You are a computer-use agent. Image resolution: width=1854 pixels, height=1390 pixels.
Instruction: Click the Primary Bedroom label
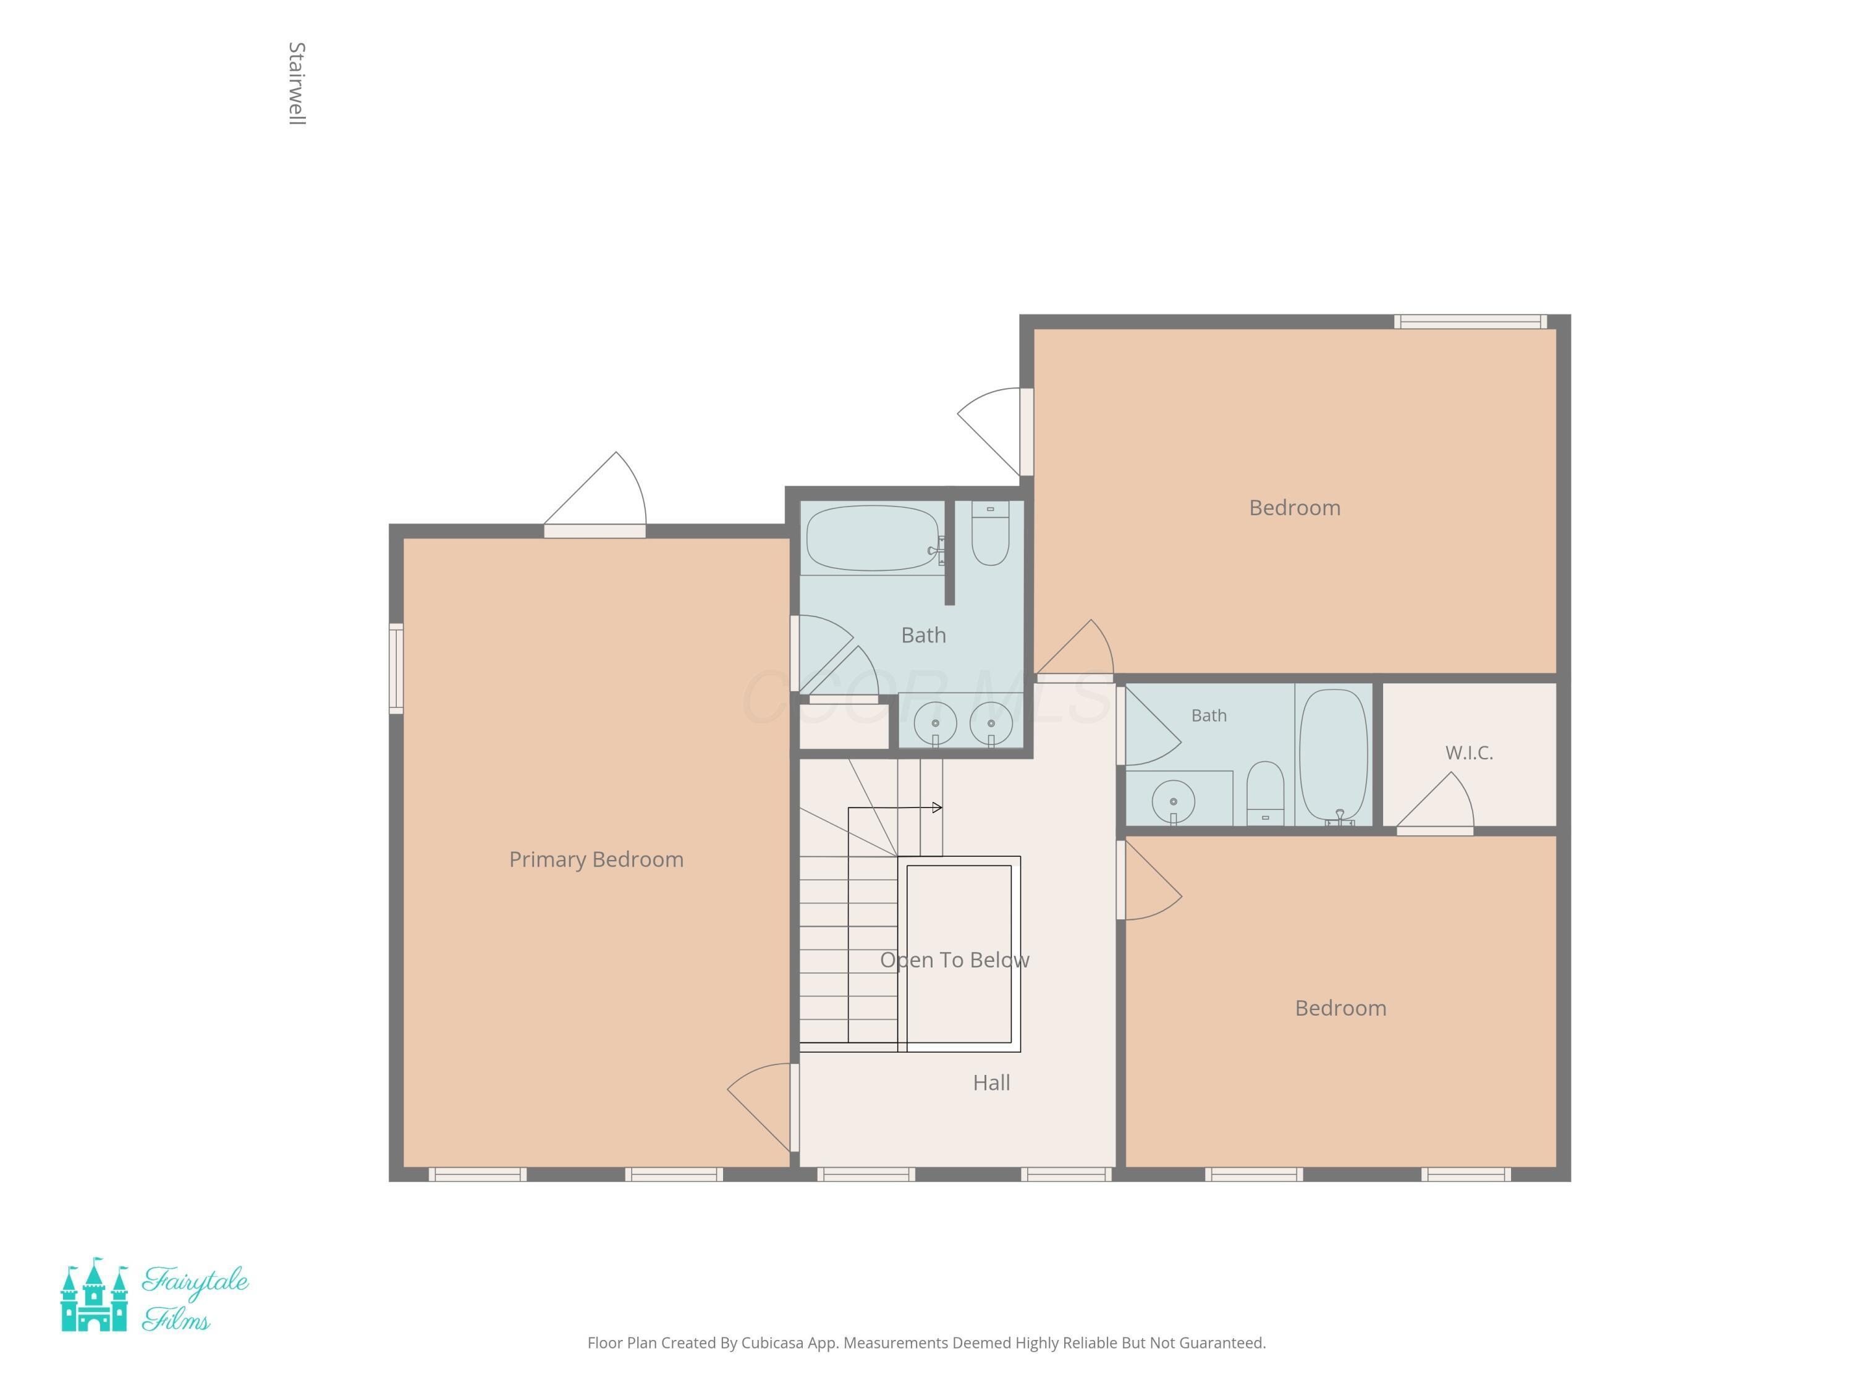click(x=596, y=860)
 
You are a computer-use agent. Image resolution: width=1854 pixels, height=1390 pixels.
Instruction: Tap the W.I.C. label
click(x=1468, y=752)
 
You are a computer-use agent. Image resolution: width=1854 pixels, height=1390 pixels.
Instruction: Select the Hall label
click(x=991, y=1082)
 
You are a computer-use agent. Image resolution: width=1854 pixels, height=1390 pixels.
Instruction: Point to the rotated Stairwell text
click(x=297, y=84)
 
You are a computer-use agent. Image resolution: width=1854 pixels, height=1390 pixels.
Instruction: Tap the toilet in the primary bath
click(x=990, y=533)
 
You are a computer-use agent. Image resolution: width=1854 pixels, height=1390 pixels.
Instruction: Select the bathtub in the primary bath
click(x=873, y=538)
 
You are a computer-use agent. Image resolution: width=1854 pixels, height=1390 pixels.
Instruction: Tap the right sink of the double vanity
click(x=991, y=723)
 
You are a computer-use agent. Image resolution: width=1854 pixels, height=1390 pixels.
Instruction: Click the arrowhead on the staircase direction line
click(x=937, y=807)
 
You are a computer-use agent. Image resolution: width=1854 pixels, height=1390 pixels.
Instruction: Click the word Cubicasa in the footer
click(x=772, y=1343)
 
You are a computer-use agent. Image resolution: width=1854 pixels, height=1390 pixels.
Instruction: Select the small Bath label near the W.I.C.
click(x=1209, y=715)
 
